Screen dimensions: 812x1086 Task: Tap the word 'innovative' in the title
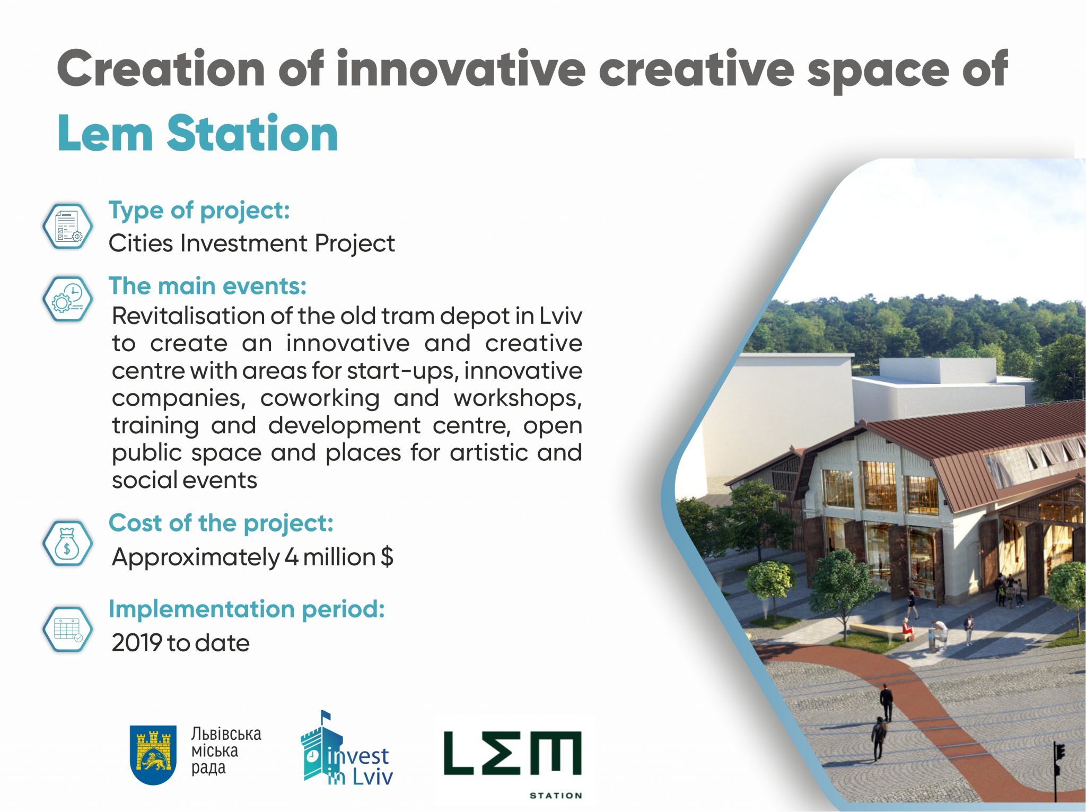point(460,69)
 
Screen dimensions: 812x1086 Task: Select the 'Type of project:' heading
point(199,211)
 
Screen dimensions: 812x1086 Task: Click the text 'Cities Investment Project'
point(251,243)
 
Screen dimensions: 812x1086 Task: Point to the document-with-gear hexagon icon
point(67,226)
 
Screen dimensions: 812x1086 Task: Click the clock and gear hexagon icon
point(67,299)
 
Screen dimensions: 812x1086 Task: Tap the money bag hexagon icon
point(67,543)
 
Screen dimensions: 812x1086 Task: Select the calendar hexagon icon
point(67,629)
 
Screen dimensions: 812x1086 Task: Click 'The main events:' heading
point(207,286)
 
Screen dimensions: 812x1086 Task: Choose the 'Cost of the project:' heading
point(221,523)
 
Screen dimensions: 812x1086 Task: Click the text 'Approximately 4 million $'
point(252,557)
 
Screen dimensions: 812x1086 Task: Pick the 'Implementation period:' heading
point(246,609)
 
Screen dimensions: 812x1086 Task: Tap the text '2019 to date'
point(180,643)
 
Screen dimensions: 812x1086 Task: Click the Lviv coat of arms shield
point(153,755)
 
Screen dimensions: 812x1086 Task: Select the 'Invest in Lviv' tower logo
point(345,750)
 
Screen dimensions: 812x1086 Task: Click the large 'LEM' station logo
point(513,753)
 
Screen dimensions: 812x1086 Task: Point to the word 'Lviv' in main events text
point(560,316)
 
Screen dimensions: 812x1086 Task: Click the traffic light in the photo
point(1059,753)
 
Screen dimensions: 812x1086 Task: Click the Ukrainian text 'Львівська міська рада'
point(225,751)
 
